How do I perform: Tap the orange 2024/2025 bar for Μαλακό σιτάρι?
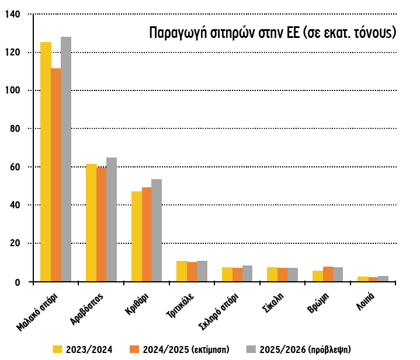click(55, 175)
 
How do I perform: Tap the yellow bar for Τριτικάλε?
click(182, 271)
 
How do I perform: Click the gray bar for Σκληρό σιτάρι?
click(248, 274)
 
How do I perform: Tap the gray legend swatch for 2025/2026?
click(251, 349)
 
